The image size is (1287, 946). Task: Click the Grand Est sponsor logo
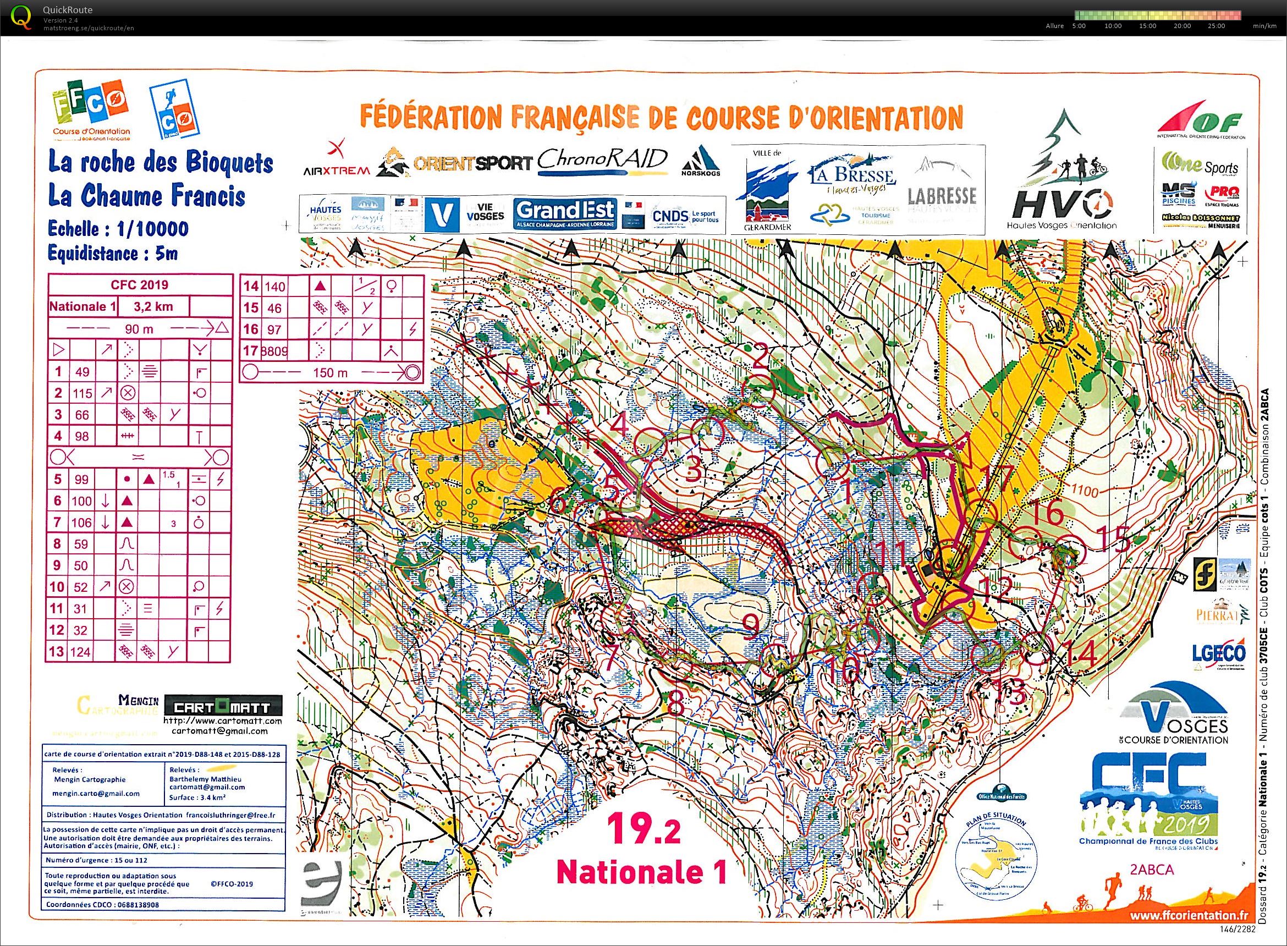click(x=564, y=213)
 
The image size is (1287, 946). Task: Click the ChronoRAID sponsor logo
click(x=602, y=161)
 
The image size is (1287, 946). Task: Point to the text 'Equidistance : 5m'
click(x=113, y=252)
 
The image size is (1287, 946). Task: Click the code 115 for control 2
click(x=82, y=393)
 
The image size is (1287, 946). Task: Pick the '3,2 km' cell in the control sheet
click(x=153, y=306)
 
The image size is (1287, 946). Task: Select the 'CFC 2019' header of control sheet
click(x=139, y=284)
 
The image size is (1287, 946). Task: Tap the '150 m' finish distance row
click(x=331, y=373)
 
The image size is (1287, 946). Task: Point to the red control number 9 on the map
click(x=752, y=626)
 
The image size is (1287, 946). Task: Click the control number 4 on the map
click(x=619, y=426)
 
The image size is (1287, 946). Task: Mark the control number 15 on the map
click(x=1113, y=541)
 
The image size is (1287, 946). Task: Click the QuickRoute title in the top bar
click(x=67, y=10)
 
